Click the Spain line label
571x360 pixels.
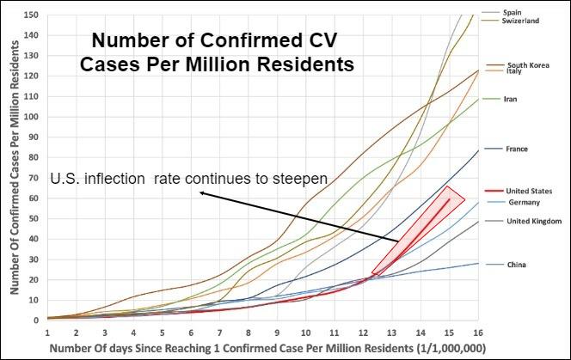513,13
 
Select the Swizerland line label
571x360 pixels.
520,21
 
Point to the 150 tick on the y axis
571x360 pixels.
32,15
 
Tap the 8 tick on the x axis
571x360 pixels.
249,331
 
